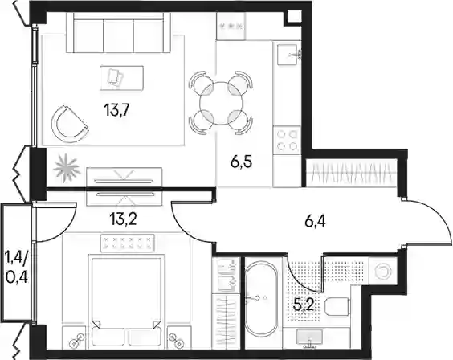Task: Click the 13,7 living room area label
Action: point(116,110)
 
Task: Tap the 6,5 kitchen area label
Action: point(241,162)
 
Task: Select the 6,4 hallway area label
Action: point(315,222)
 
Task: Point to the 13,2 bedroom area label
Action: point(123,219)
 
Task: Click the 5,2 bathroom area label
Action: point(304,305)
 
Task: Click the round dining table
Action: point(222,103)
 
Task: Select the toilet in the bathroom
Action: point(337,306)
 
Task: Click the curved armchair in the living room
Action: point(69,125)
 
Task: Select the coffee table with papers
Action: point(121,78)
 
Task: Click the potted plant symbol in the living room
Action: point(67,168)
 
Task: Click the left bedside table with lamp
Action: point(74,337)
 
